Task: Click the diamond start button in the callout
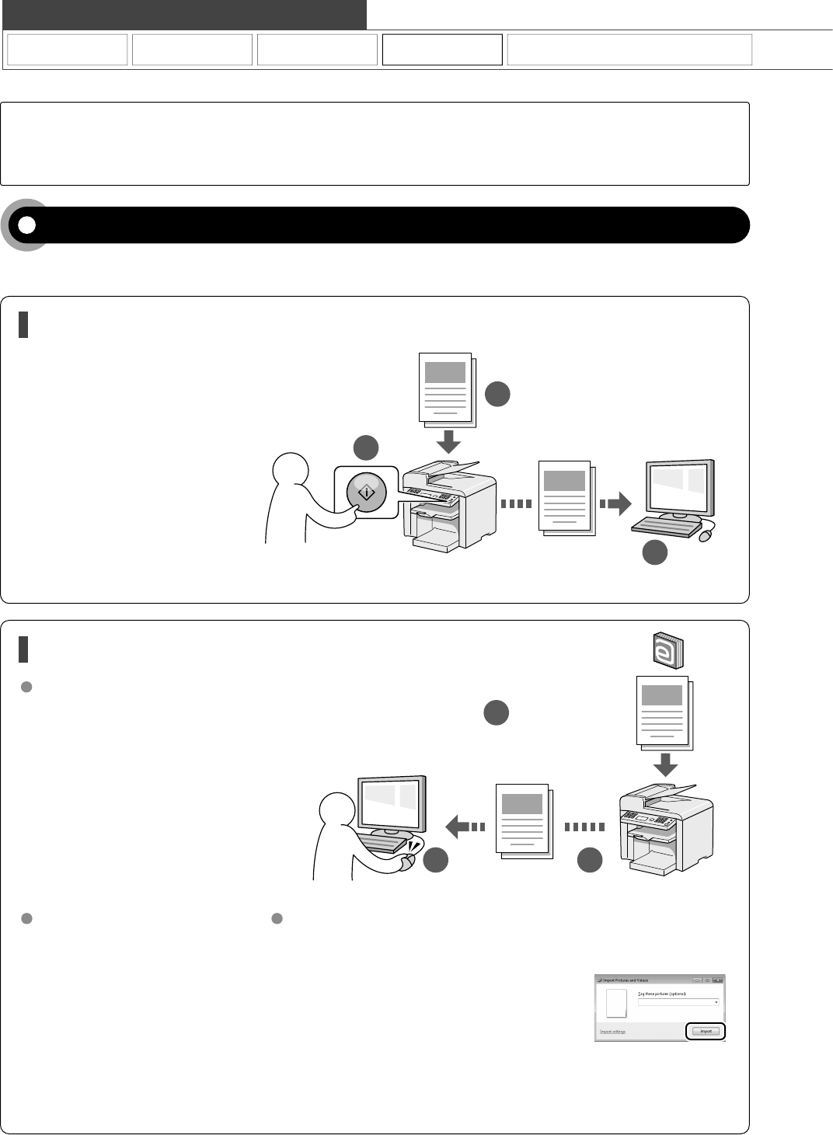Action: [366, 492]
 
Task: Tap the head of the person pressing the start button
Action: [291, 472]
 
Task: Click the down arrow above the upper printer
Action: [448, 442]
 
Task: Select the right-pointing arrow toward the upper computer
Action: [615, 504]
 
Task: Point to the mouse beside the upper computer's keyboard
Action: [707, 534]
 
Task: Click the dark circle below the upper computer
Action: [654, 552]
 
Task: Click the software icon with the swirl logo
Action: [666, 650]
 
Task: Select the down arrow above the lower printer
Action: [665, 764]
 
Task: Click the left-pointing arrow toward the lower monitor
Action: [465, 826]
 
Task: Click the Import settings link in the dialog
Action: [612, 1032]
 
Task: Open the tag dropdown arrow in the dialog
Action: [716, 1002]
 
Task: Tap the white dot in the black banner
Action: [27, 225]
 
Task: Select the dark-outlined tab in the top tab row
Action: [442, 50]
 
